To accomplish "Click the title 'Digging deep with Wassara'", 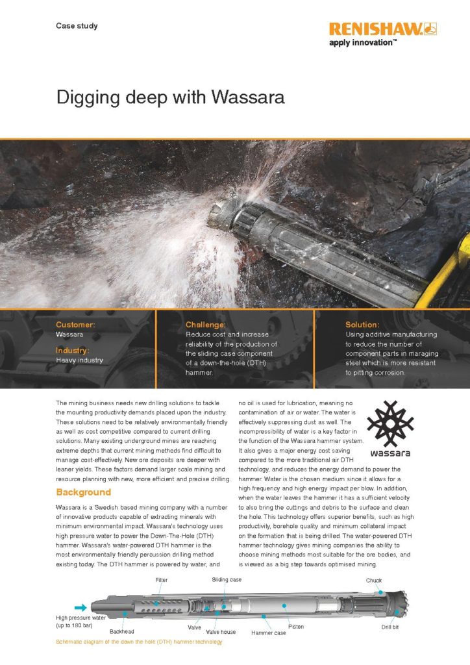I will click(x=170, y=98).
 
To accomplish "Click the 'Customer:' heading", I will click(x=76, y=324).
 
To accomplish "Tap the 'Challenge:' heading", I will click(x=206, y=324).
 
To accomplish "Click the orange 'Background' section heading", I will click(x=83, y=492).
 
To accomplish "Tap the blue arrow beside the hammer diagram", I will click(x=81, y=608).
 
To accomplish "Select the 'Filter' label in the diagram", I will click(x=161, y=579).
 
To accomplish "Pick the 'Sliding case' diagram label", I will click(x=227, y=579).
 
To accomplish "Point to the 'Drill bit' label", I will click(x=394, y=628).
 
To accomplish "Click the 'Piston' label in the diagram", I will click(x=296, y=627).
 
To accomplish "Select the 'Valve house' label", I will click(x=221, y=631).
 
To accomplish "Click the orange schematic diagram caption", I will click(x=139, y=642).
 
